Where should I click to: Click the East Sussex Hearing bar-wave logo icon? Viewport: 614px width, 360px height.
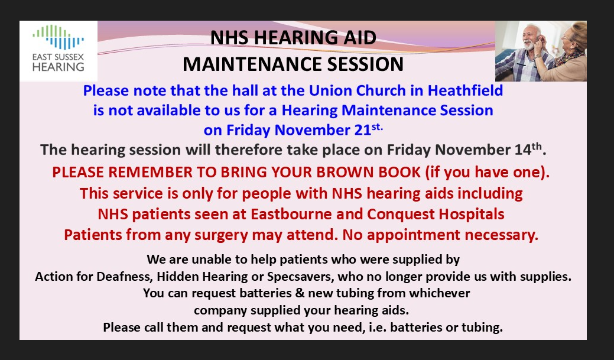pyautogui.click(x=58, y=37)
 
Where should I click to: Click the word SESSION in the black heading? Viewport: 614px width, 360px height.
pyautogui.click(x=365, y=64)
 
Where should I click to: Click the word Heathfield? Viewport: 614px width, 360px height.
pyautogui.click(x=465, y=90)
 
